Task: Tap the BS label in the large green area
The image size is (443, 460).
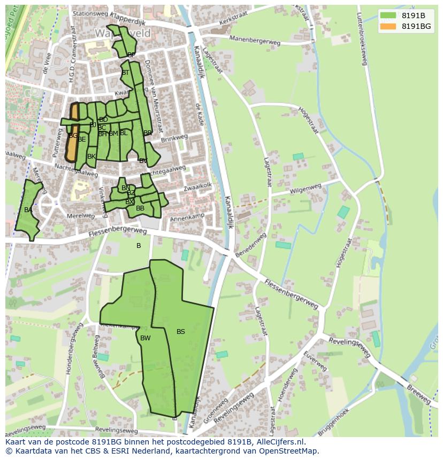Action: tap(181, 332)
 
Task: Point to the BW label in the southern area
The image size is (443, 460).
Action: tap(146, 338)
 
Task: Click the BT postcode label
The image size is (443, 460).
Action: tap(126, 73)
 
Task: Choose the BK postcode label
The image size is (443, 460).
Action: tap(91, 157)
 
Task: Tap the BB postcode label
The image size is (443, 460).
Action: tap(140, 208)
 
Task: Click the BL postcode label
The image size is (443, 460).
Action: tap(124, 133)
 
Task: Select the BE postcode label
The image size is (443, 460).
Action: tap(82, 139)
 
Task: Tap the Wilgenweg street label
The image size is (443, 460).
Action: tap(305, 189)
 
